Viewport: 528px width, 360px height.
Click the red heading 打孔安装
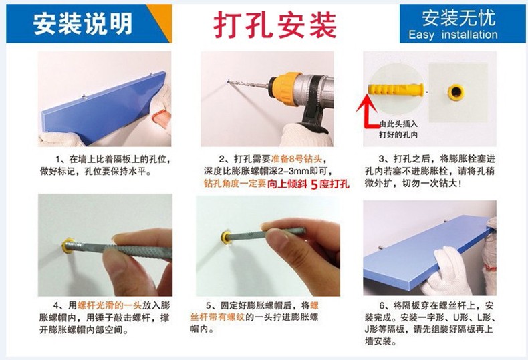[275, 25]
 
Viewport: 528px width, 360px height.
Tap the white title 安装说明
[83, 23]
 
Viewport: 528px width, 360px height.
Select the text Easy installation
[453, 35]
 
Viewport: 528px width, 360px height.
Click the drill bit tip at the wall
[229, 81]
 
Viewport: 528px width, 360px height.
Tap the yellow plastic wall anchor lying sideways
[396, 89]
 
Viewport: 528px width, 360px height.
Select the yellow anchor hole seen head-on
[456, 92]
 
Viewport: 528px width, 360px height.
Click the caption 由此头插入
[398, 124]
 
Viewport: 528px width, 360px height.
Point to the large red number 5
[314, 184]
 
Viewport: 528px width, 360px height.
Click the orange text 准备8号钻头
[296, 158]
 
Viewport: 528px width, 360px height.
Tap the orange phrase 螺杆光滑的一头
[110, 305]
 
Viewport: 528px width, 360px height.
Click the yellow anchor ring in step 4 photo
[68, 246]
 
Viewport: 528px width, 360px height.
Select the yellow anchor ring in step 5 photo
[226, 236]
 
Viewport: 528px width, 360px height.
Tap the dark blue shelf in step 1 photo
[104, 107]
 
